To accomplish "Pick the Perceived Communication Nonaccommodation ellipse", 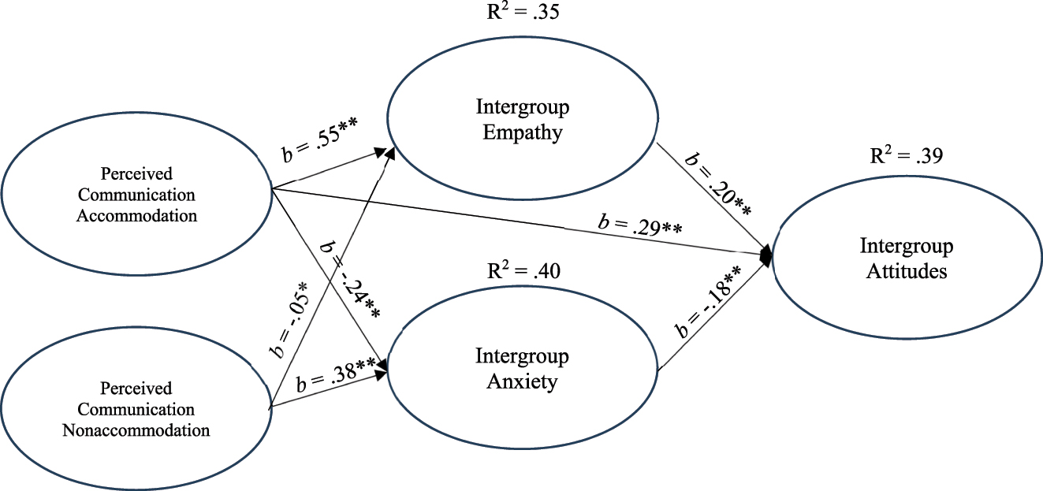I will pyautogui.click(x=136, y=409).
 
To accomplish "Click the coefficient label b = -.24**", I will pyautogui.click(x=350, y=276).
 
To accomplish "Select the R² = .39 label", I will pyautogui.click(x=907, y=155).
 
